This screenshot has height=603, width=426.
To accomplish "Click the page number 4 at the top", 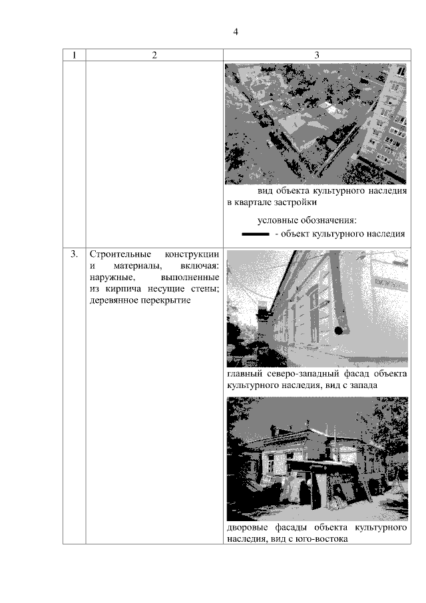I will pos(236,32).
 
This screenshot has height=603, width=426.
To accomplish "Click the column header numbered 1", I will pos(74,55).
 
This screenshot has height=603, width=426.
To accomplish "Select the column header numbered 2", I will pos(154,55).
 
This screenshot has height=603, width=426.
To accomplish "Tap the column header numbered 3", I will pos(317,55).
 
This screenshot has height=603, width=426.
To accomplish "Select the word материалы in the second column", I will pos(129,266).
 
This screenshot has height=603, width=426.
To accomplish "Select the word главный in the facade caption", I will pos(244,374).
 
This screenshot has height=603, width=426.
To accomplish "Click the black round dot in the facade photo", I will pos(339,330).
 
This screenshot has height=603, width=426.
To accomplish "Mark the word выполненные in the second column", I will pos(190,278).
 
